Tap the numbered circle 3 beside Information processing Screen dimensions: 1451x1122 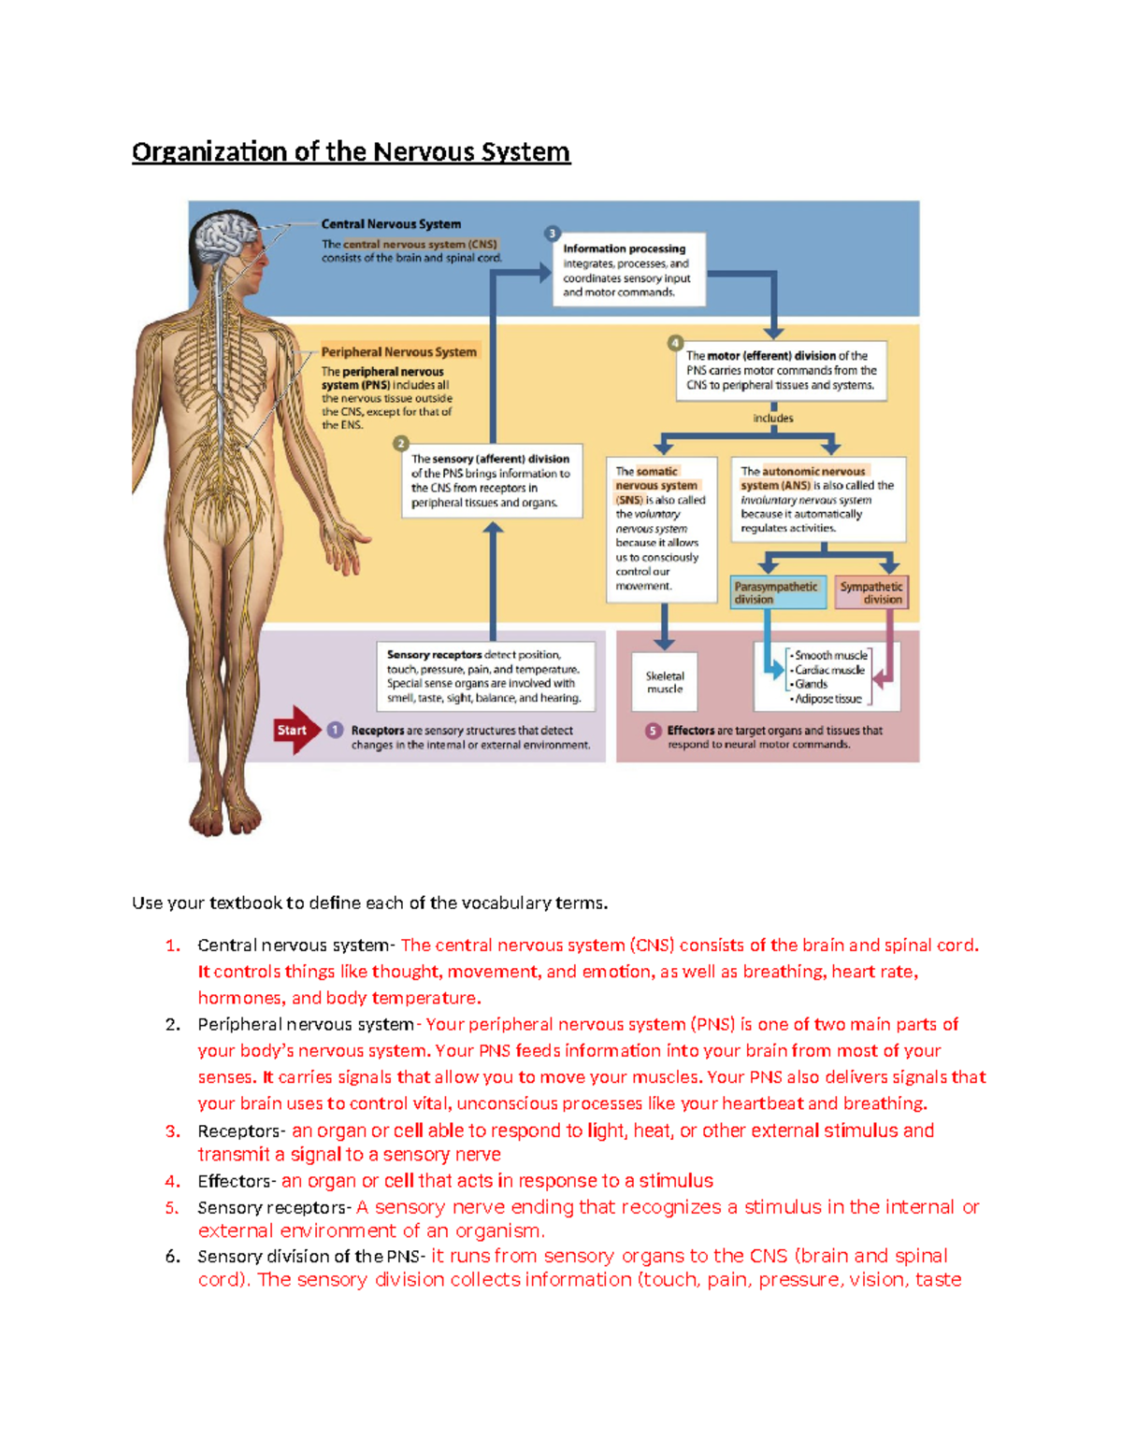coord(553,234)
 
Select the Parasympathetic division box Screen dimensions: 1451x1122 coord(777,592)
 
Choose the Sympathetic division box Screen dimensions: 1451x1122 coord(871,592)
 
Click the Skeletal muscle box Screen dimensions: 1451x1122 coord(665,682)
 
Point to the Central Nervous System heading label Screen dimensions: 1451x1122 coord(391,224)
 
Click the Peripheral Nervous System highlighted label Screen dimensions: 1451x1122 coord(399,352)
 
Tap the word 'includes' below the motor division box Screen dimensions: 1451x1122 coord(773,418)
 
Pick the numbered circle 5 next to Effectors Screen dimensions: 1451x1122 coord(654,731)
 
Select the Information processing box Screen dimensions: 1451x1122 coord(630,270)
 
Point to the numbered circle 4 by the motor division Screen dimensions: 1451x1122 coord(675,343)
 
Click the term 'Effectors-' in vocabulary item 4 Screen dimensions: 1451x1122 coord(237,1181)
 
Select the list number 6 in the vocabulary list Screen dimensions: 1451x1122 coord(172,1256)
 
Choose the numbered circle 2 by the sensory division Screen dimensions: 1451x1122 coord(401,444)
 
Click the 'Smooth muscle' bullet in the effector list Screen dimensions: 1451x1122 coord(829,656)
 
